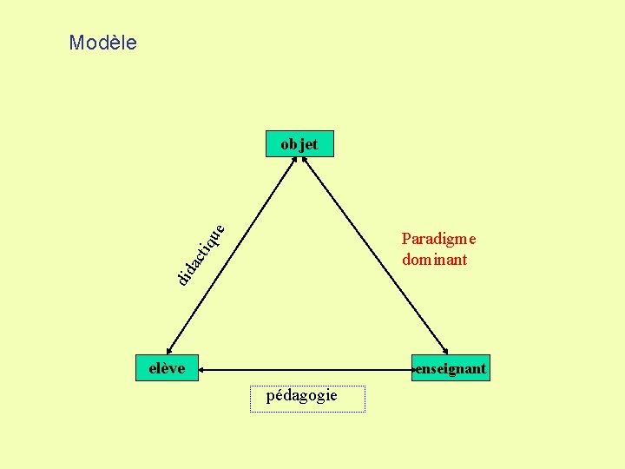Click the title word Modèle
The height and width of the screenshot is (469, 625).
[x=102, y=43]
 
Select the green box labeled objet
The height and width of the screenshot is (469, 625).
[x=299, y=144]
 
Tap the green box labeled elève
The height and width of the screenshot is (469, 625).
[x=167, y=368]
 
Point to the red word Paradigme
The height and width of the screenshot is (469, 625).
[x=439, y=239]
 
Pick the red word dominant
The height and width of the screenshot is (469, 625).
[x=434, y=259]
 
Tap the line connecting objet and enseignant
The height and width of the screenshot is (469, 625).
[x=373, y=252]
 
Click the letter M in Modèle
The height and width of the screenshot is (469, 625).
[x=76, y=43]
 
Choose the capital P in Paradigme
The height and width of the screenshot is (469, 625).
[x=406, y=239]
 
